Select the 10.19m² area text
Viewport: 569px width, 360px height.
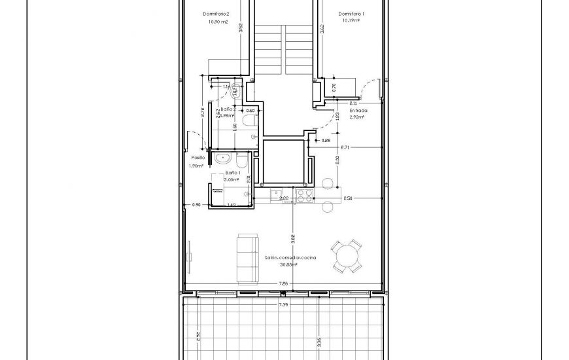pos(351,20)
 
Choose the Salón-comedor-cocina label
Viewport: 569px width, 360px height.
pos(290,259)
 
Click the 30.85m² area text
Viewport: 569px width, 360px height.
pos(289,265)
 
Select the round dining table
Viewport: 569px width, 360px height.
pos(346,256)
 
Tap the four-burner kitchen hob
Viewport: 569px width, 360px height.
pos(305,194)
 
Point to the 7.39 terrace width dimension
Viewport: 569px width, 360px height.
pos(283,304)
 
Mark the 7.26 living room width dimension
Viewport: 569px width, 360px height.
pos(283,283)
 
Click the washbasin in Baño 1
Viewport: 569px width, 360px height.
pos(223,157)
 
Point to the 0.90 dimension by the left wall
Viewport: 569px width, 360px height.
pos(196,205)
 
